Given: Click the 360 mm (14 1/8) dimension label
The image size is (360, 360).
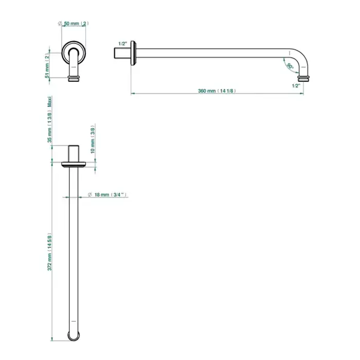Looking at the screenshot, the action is tap(217, 91).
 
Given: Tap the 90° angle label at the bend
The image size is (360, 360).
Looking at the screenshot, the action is tap(290, 66).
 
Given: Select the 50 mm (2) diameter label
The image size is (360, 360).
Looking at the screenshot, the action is tap(73, 24).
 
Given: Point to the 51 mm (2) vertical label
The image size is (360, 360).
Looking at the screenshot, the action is tap(47, 66).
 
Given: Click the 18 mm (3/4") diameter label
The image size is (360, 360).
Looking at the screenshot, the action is tap(107, 195).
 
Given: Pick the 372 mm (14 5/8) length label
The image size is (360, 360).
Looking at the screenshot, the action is tap(49, 252).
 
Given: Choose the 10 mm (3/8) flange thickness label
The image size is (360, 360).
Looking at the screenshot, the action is tap(93, 139).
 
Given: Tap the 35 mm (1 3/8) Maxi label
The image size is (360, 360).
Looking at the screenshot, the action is tap(49, 119).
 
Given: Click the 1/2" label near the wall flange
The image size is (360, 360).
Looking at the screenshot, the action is tap(122, 44).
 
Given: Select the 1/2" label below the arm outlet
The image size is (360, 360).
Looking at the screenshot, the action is tap(296, 86).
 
